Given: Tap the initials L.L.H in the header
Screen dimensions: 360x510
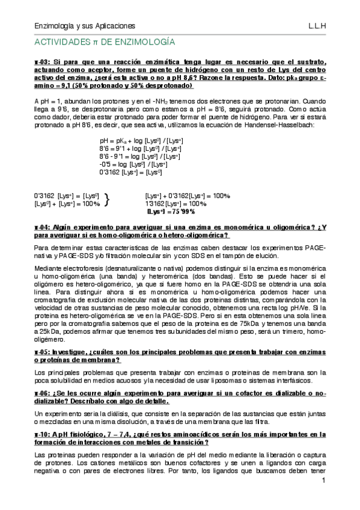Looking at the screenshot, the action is pyautogui.click(x=317, y=26).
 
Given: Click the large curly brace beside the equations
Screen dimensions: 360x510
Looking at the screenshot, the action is pyautogui.click(x=108, y=200).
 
